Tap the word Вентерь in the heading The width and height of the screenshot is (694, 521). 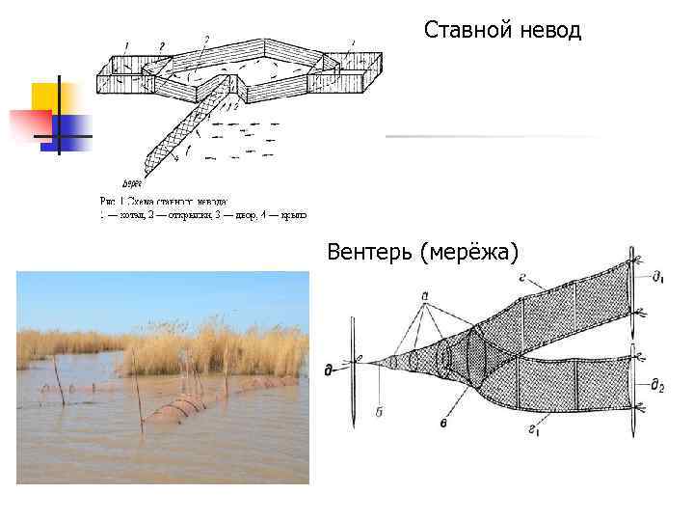click(x=370, y=253)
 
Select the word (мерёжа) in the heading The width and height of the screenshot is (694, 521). click(x=469, y=253)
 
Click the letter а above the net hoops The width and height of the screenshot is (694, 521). click(x=425, y=294)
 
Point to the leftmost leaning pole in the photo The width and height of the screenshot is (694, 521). click(x=58, y=381)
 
